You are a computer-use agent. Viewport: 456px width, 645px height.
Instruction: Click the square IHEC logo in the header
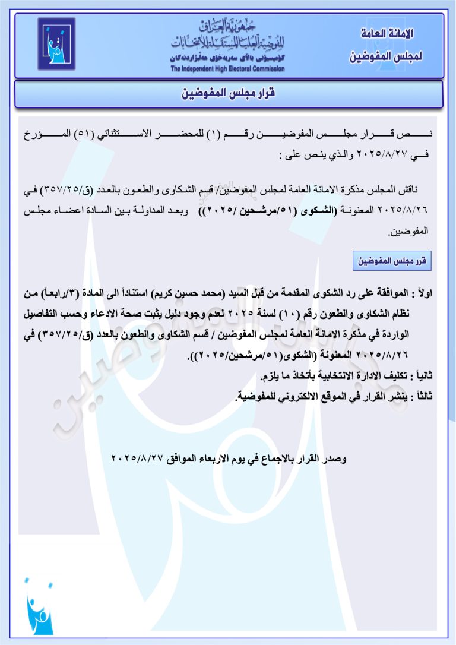pos(56,44)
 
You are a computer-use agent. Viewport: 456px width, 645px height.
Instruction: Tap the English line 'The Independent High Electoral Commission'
pos(227,69)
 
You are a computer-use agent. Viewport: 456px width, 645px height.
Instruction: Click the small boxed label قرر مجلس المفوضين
pos(392,261)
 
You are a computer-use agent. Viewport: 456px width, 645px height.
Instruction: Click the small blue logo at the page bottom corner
pos(39,606)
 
